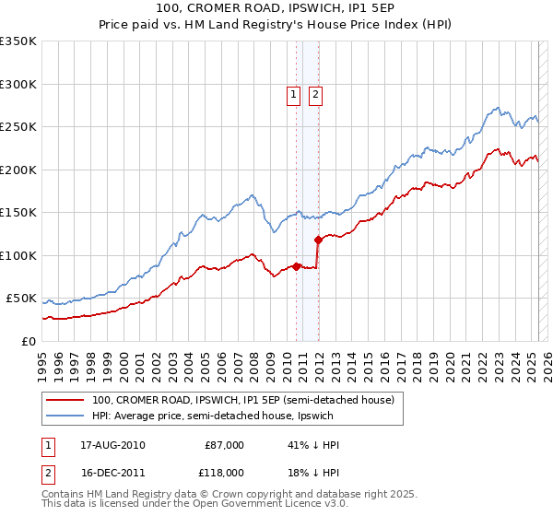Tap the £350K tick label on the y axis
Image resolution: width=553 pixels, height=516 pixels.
pos(18,41)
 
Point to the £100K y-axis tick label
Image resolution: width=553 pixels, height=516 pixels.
pos(18,255)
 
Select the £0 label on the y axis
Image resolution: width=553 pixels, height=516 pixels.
pos(28,341)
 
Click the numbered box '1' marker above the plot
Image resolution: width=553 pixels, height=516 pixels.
pos(293,93)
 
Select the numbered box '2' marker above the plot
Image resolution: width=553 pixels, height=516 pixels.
pos(315,93)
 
